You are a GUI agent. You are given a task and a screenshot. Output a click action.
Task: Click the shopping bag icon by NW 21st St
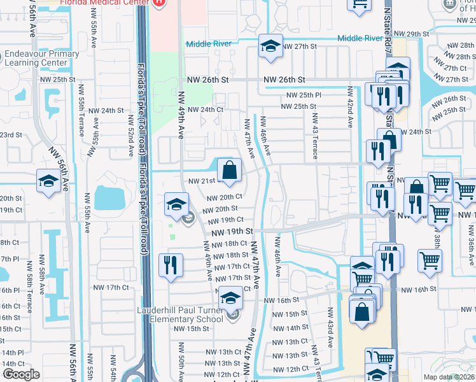(229, 170)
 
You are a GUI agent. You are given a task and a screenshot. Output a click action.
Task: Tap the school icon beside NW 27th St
(270, 46)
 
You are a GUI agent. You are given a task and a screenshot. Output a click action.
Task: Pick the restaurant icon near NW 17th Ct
(171, 265)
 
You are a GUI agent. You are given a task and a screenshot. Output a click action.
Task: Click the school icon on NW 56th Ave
(49, 181)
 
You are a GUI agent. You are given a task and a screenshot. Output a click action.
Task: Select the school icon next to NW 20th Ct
(176, 204)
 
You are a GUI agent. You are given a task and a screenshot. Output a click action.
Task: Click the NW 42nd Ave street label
(350, 105)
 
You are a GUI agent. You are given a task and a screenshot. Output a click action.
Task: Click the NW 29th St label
(412, 33)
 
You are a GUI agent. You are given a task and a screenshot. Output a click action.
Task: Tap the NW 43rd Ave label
(331, 329)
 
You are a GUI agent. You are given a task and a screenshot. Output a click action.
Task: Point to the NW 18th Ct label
(227, 244)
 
